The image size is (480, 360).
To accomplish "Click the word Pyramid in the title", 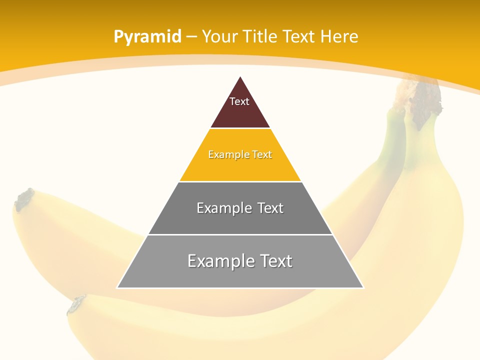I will tap(147, 37).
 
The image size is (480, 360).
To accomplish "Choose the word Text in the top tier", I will tap(239, 101).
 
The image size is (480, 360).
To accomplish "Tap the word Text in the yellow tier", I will tap(262, 154).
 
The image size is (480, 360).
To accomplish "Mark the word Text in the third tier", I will tap(271, 208).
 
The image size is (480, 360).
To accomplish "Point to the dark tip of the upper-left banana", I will tap(24, 198).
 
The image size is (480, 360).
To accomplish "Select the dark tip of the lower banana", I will tap(76, 304).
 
